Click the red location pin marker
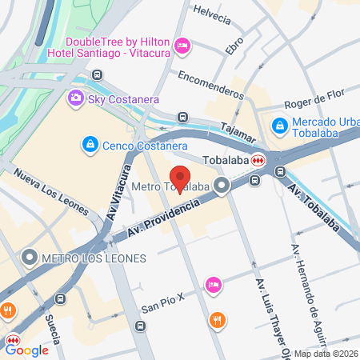click(x=180, y=179)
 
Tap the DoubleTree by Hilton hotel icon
click(x=182, y=47)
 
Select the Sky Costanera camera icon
click(x=75, y=98)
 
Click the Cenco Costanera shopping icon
click(x=90, y=145)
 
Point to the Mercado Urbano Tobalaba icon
click(x=279, y=126)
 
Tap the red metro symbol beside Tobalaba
click(x=258, y=160)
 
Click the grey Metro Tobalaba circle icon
click(x=222, y=186)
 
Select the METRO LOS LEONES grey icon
click(x=30, y=258)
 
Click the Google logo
click(x=27, y=350)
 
